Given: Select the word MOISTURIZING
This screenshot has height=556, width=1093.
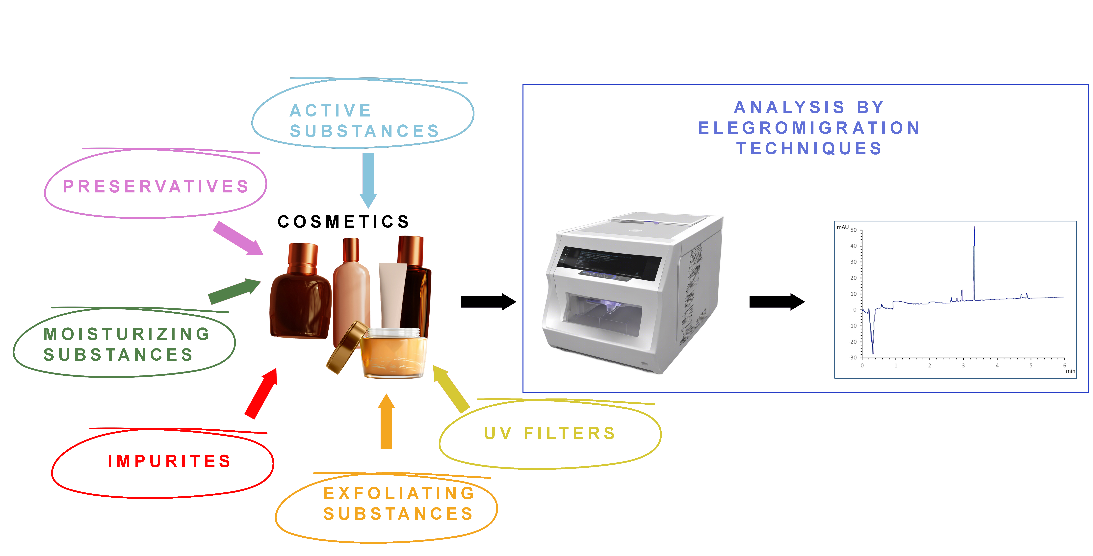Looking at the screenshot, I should pyautogui.click(x=127, y=334).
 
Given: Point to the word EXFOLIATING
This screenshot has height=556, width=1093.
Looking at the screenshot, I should pyautogui.click(x=399, y=493).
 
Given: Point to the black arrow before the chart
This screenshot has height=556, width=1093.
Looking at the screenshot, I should pyautogui.click(x=777, y=302).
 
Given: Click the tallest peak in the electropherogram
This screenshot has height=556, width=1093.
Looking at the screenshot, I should pyautogui.click(x=974, y=229).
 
